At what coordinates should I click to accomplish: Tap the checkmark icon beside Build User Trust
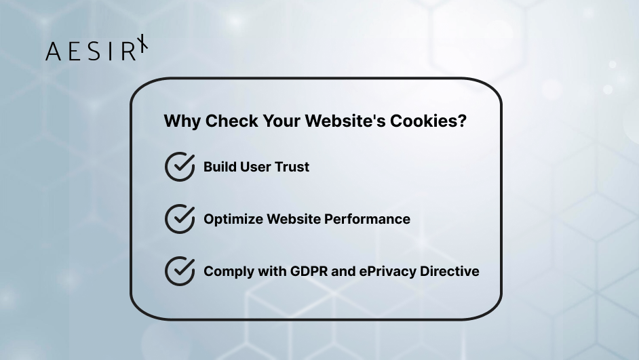pos(180,167)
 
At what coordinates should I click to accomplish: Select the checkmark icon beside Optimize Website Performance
pos(180,219)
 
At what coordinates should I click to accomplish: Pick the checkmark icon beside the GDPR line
pos(180,271)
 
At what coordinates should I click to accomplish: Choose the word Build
pos(220,167)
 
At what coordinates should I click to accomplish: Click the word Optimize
pos(233,219)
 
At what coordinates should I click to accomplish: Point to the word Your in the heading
pos(279,122)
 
